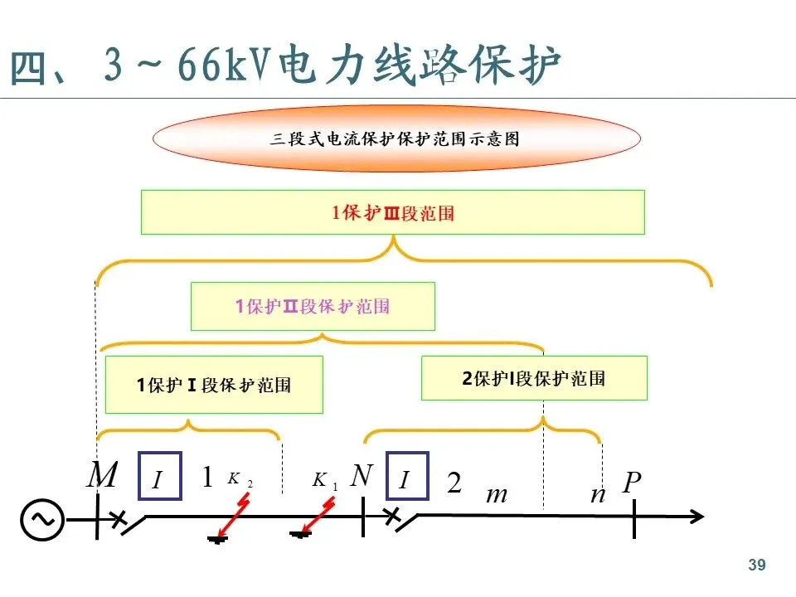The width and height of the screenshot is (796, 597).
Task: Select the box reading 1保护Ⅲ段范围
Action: tap(392, 212)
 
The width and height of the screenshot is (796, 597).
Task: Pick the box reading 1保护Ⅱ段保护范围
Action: tap(313, 306)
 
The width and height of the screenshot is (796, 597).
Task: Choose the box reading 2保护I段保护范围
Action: tap(533, 378)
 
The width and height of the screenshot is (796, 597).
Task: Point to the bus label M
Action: tap(103, 477)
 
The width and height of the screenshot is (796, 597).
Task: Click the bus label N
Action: tap(362, 476)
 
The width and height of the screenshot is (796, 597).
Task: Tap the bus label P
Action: tap(633, 482)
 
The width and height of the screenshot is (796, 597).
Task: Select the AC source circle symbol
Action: tap(42, 520)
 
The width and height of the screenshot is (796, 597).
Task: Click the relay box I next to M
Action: tap(159, 476)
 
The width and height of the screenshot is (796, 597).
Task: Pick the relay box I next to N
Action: tap(407, 476)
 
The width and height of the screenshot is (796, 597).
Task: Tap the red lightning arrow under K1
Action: tap(317, 516)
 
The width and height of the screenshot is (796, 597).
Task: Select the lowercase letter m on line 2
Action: tap(496, 495)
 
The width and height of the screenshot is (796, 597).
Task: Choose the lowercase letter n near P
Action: tap(597, 495)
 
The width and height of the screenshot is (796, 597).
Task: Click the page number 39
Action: tap(756, 565)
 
